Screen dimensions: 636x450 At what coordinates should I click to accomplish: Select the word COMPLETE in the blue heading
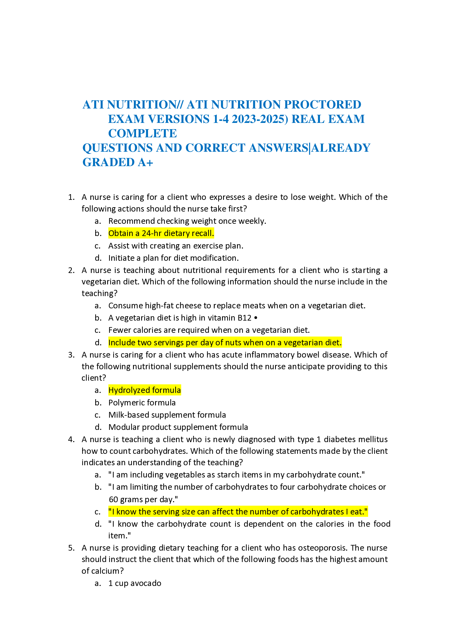pos(142,134)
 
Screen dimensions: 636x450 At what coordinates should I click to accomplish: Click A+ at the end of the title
pos(146,162)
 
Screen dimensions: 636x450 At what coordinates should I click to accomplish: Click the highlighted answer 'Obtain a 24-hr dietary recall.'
pos(161,233)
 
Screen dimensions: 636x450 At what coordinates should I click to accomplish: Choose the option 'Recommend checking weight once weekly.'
pos(187,221)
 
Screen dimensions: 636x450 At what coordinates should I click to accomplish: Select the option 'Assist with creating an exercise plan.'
pos(176,246)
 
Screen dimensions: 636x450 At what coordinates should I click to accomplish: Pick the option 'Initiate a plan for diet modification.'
pos(174,258)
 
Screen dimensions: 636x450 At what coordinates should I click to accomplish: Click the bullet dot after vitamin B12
pos(255,318)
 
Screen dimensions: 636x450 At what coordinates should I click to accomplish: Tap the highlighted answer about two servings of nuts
pos(225,342)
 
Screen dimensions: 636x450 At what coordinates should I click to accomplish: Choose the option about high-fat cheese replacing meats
pos(237,306)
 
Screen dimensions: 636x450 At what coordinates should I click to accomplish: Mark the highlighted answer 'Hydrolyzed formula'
pos(144,390)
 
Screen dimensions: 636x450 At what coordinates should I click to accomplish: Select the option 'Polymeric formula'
pos(142,402)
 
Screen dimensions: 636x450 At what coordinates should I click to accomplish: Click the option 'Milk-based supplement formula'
pos(167,415)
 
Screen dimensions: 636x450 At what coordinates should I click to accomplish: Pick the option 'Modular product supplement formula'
pos(178,427)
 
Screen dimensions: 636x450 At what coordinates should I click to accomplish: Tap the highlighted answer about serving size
pos(238,511)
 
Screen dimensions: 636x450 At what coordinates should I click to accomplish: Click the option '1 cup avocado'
pos(135,583)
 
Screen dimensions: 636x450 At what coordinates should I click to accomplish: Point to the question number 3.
pos(71,355)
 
